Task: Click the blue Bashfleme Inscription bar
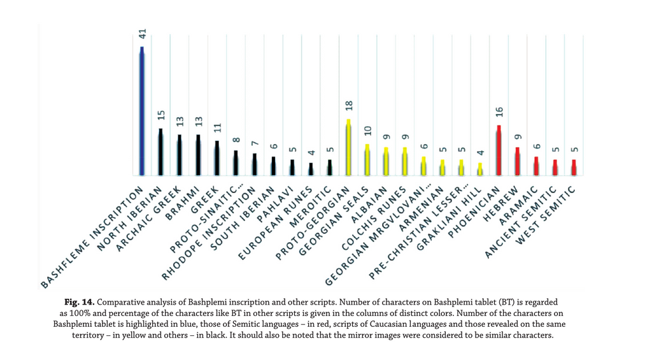click(x=142, y=112)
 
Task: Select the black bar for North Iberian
click(x=160, y=152)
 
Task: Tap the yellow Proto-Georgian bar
click(x=348, y=147)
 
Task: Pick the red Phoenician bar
click(x=499, y=150)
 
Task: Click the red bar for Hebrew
click(x=517, y=161)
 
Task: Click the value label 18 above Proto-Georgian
click(x=348, y=107)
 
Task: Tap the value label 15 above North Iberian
click(x=160, y=117)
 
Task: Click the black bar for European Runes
click(x=311, y=169)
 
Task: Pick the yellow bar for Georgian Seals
click(x=367, y=159)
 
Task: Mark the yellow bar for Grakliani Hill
click(x=480, y=169)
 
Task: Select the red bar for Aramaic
click(x=536, y=166)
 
